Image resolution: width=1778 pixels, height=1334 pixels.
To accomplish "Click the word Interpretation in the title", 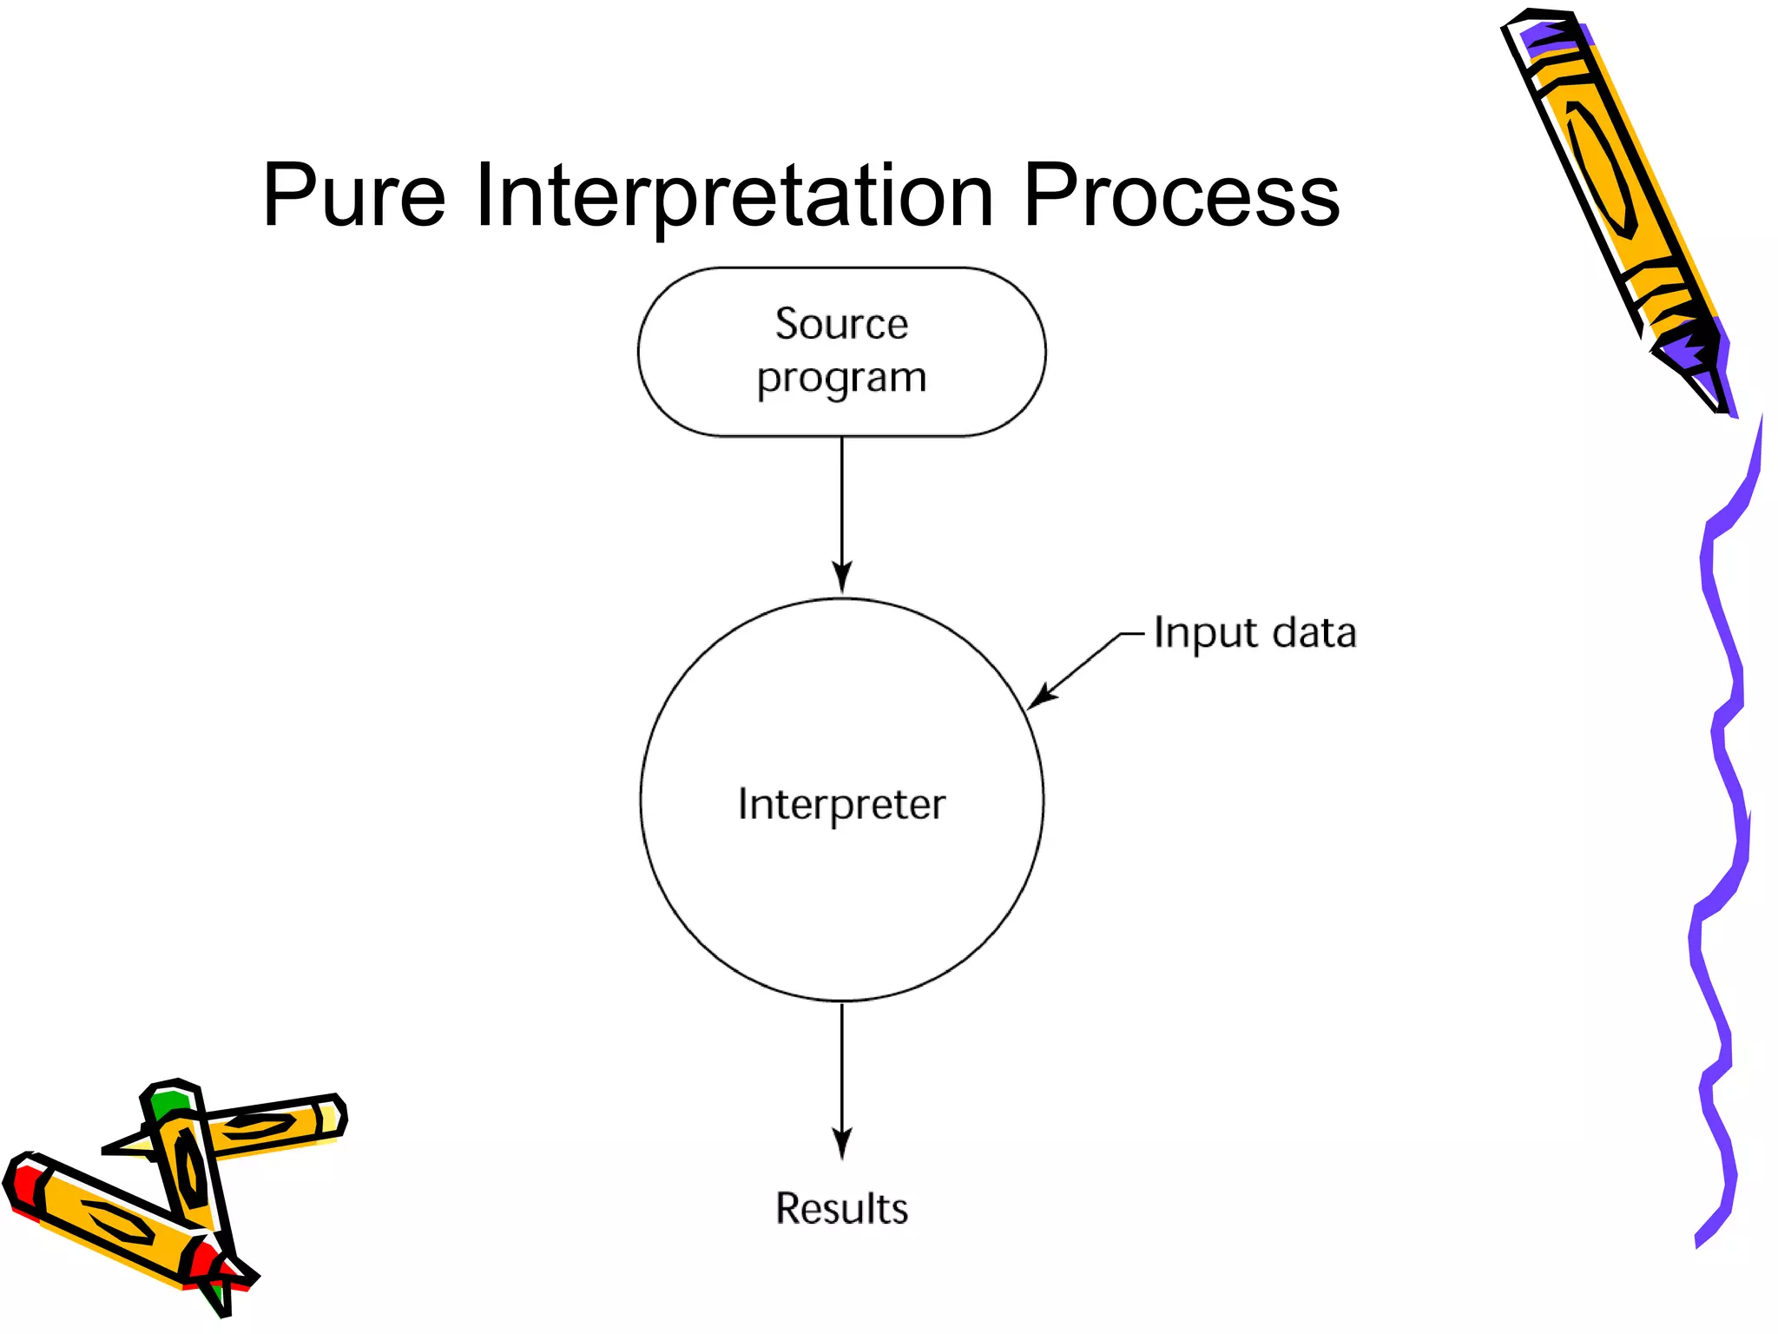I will pyautogui.click(x=734, y=198).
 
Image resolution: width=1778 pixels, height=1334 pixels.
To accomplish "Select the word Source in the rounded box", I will pyautogui.click(x=841, y=324).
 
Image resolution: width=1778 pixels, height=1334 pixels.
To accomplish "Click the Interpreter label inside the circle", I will pyautogui.click(x=841, y=804).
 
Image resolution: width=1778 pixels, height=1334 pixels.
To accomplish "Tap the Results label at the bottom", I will pyautogui.click(x=841, y=1208).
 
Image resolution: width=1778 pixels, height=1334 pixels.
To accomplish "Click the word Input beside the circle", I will pyautogui.click(x=1206, y=633).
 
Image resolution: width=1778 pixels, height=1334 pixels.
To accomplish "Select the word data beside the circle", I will pyautogui.click(x=1314, y=632).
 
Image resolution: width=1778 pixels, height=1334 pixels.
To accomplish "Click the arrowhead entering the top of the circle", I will pyautogui.click(x=841, y=578).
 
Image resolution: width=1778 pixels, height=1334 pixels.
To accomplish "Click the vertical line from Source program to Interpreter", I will pyautogui.click(x=841, y=504).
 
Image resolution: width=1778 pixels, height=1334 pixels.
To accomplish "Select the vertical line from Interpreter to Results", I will pyautogui.click(x=841, y=1068).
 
